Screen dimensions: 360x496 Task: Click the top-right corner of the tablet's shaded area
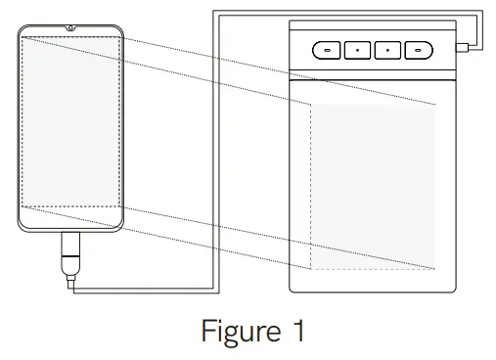(435, 105)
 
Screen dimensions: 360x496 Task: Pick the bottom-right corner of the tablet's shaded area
(435, 268)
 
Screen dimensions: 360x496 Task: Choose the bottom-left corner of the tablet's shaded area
(312, 268)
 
